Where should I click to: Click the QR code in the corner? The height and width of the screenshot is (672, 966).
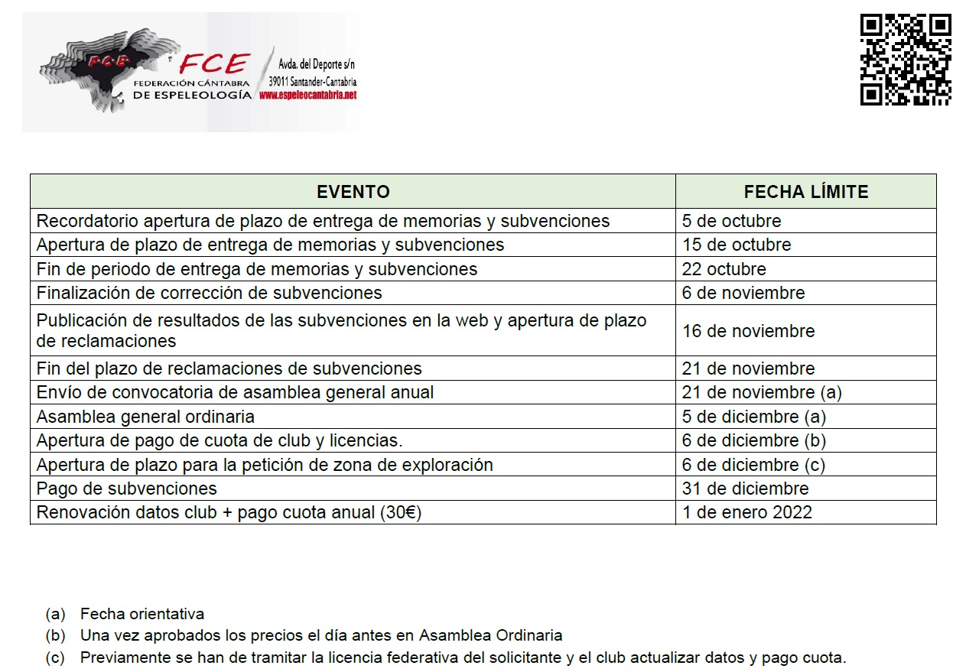click(906, 59)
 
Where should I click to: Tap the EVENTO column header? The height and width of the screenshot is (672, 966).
click(353, 192)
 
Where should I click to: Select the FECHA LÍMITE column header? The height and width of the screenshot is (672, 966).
click(805, 192)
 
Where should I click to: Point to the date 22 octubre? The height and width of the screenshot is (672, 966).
click(724, 269)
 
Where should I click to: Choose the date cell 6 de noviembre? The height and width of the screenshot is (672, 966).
click(743, 293)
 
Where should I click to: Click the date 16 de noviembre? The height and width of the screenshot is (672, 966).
click(748, 331)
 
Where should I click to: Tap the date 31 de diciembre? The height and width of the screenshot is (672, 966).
click(745, 489)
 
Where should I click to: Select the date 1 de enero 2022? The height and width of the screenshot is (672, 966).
click(746, 512)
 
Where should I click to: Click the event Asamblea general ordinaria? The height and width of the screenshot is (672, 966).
click(145, 417)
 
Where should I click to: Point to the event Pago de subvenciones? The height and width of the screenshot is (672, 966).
click(127, 489)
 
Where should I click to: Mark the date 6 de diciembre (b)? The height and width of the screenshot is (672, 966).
click(754, 441)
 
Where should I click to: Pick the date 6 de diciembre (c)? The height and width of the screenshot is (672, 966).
click(754, 465)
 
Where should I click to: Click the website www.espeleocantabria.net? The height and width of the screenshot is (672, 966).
click(308, 96)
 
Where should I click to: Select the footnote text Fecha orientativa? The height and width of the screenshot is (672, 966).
click(142, 614)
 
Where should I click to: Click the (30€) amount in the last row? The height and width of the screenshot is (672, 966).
click(400, 512)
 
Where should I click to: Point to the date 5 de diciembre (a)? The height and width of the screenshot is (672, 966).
click(754, 417)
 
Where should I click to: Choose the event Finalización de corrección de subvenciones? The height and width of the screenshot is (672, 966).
click(209, 293)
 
